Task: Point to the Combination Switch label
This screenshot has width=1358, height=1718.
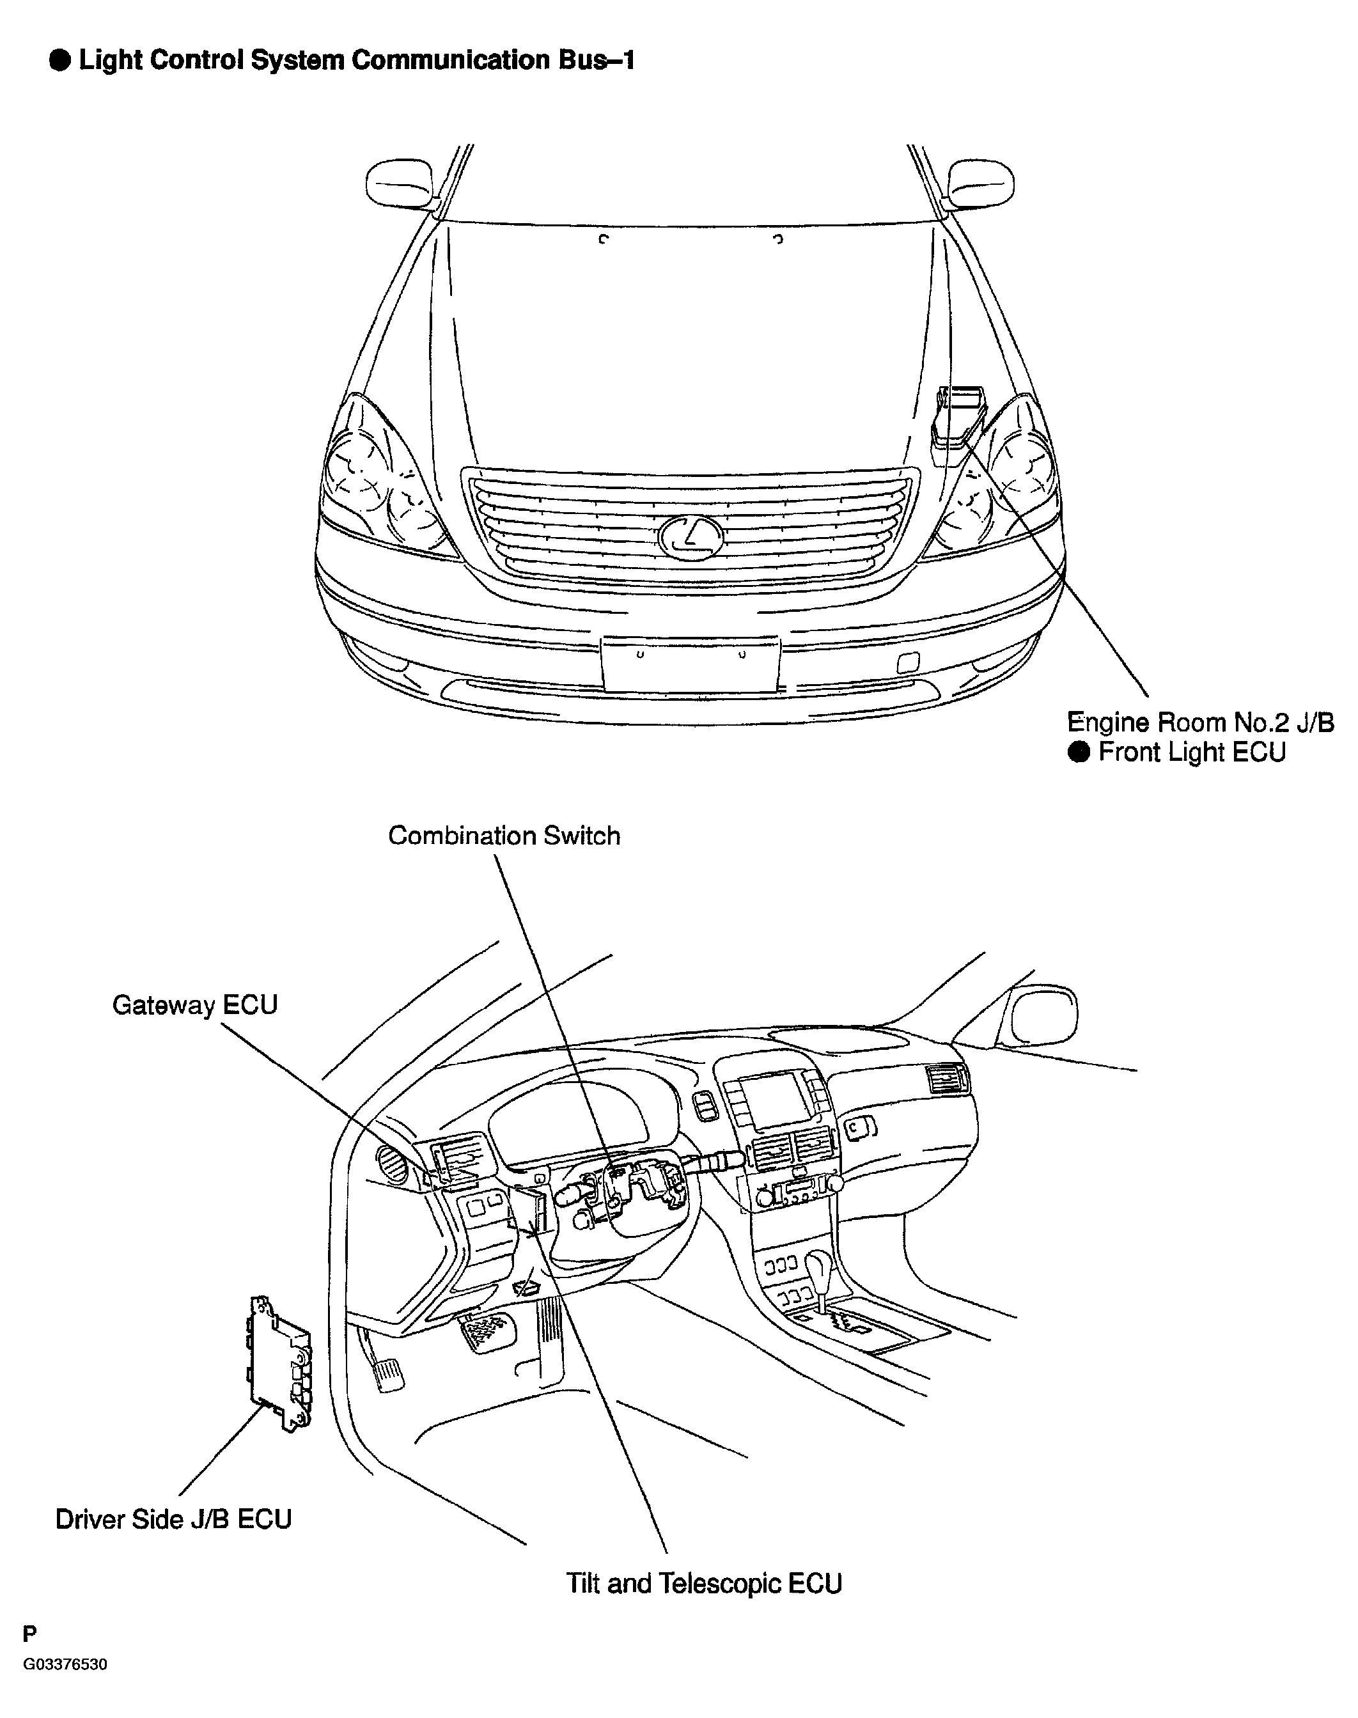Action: pos(504,836)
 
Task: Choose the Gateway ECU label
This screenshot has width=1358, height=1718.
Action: pos(195,1005)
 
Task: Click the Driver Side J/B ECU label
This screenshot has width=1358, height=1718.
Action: pos(173,1519)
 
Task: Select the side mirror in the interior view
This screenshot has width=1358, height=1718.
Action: pos(1042,1019)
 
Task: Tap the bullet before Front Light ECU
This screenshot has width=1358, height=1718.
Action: pos(1080,752)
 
